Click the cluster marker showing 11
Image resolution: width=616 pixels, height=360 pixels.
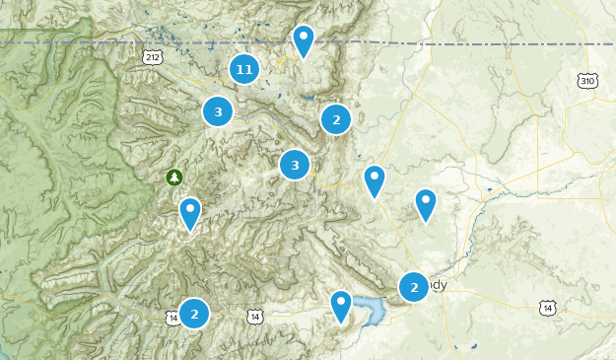click(244, 69)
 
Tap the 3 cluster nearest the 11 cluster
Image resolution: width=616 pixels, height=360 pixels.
click(218, 111)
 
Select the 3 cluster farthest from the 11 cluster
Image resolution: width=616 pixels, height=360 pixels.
click(295, 165)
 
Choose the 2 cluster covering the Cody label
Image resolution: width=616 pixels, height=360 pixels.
click(414, 287)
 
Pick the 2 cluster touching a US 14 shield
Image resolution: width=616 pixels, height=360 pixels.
click(194, 314)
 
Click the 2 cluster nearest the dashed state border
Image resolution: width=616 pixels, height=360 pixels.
click(336, 119)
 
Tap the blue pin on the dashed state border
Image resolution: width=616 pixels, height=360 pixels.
click(304, 40)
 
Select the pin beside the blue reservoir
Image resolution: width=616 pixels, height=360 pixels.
click(341, 305)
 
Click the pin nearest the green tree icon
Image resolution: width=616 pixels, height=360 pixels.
click(189, 212)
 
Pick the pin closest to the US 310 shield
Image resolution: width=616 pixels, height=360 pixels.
click(425, 203)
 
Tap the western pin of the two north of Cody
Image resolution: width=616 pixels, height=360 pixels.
click(374, 180)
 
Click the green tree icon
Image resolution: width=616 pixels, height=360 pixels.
click(174, 177)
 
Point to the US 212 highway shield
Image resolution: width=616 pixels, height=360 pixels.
click(152, 57)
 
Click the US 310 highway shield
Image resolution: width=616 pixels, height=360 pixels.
click(587, 80)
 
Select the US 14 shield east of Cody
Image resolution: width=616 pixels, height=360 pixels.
click(546, 309)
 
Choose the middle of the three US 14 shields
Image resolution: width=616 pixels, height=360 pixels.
click(255, 316)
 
